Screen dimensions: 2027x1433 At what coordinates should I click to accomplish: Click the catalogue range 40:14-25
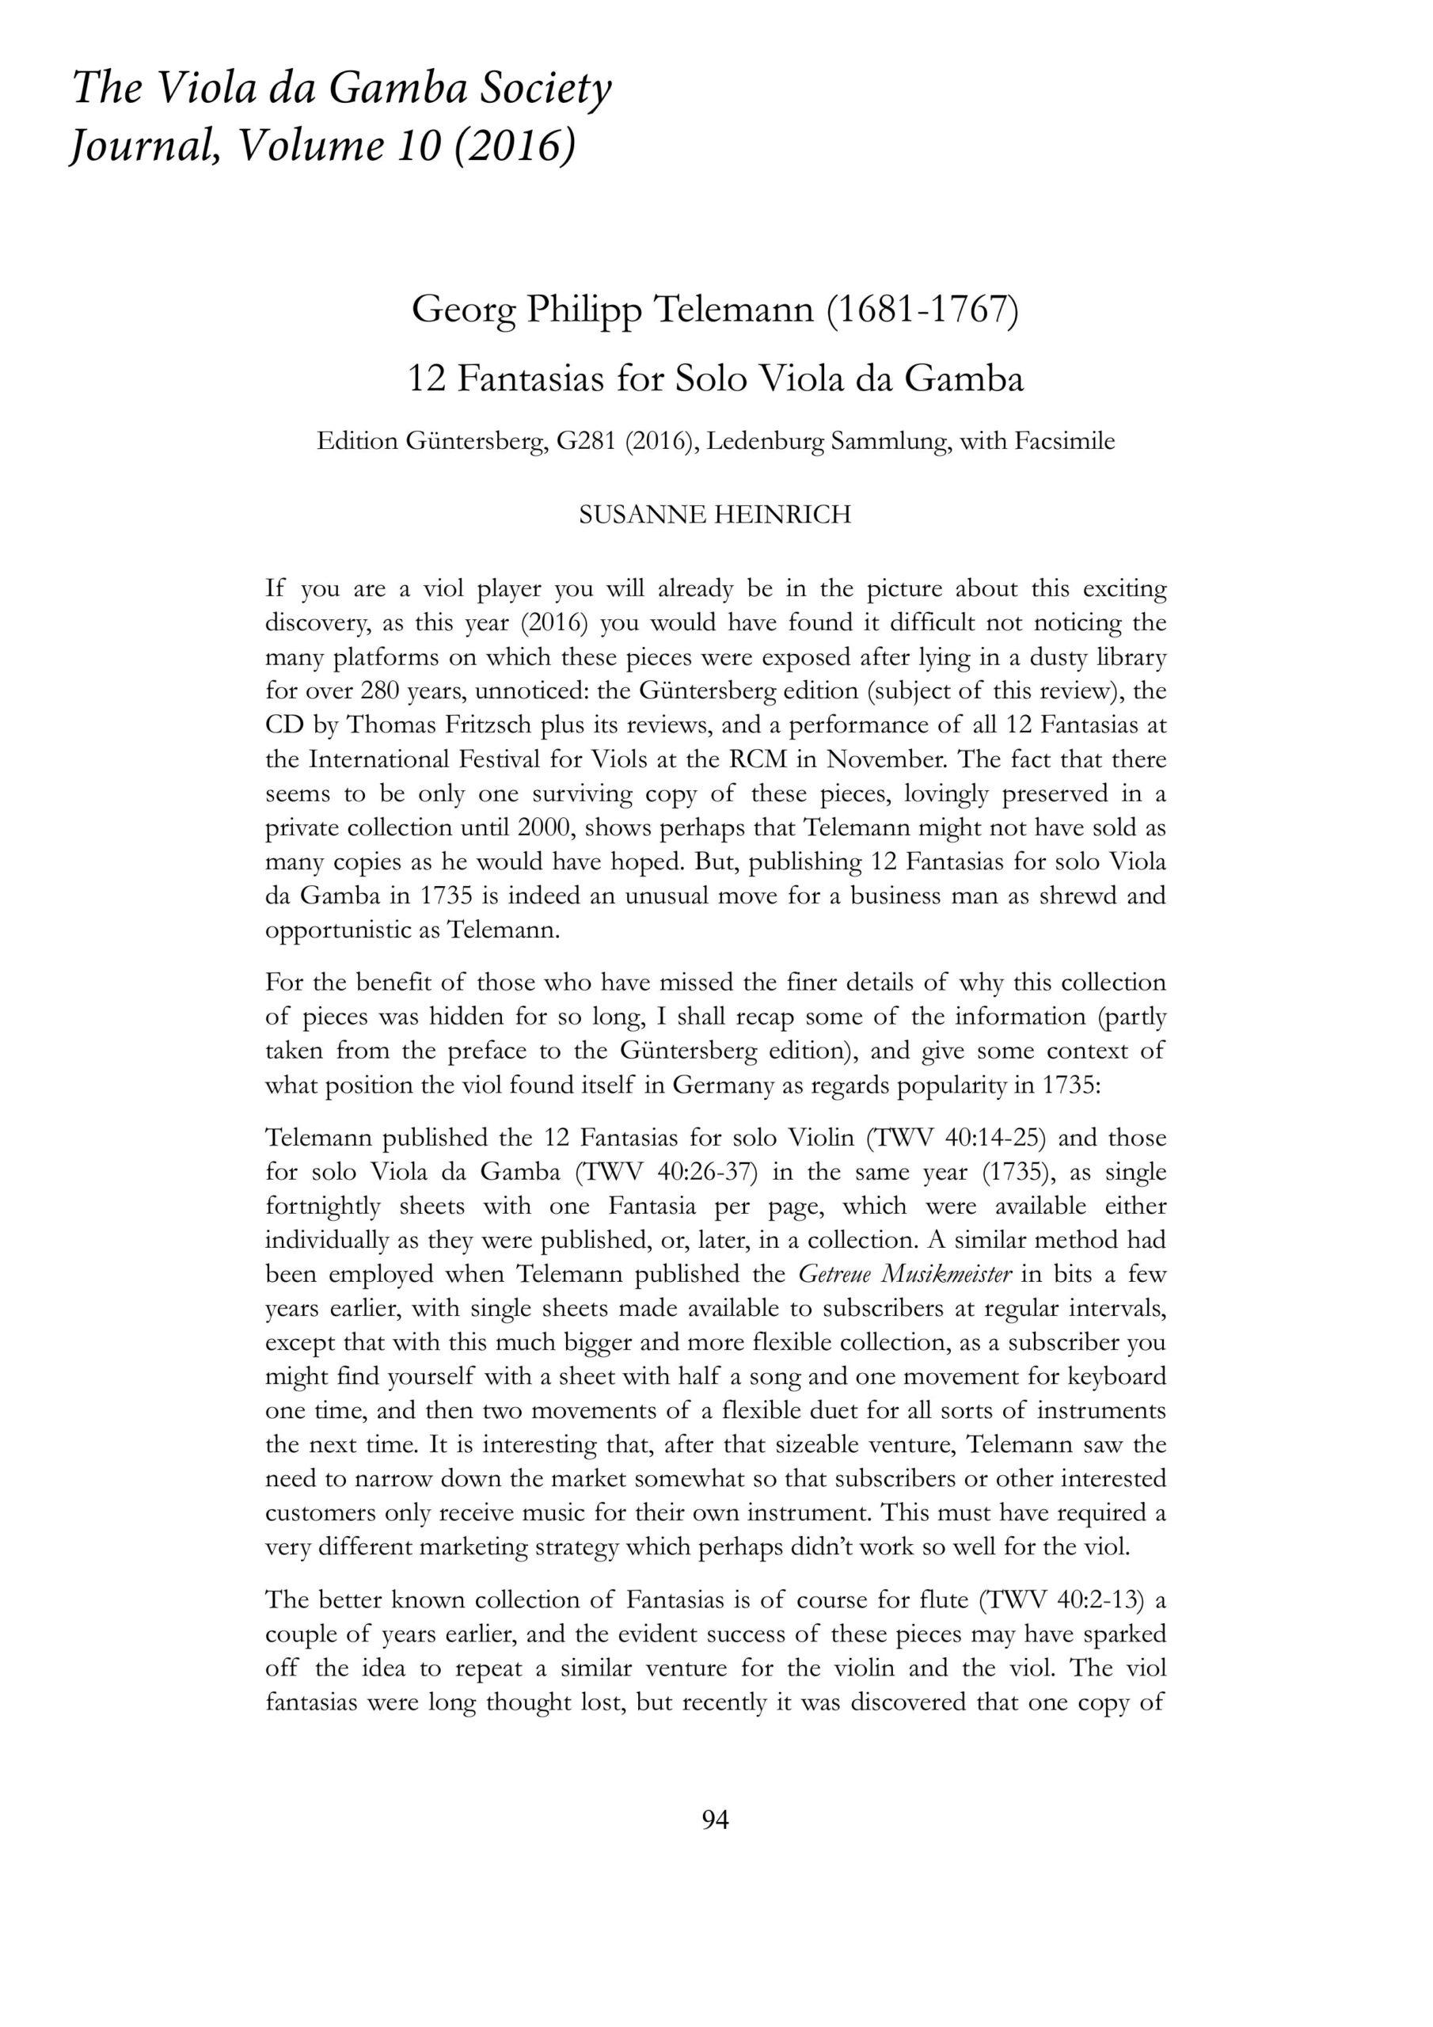pos(1002,1138)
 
